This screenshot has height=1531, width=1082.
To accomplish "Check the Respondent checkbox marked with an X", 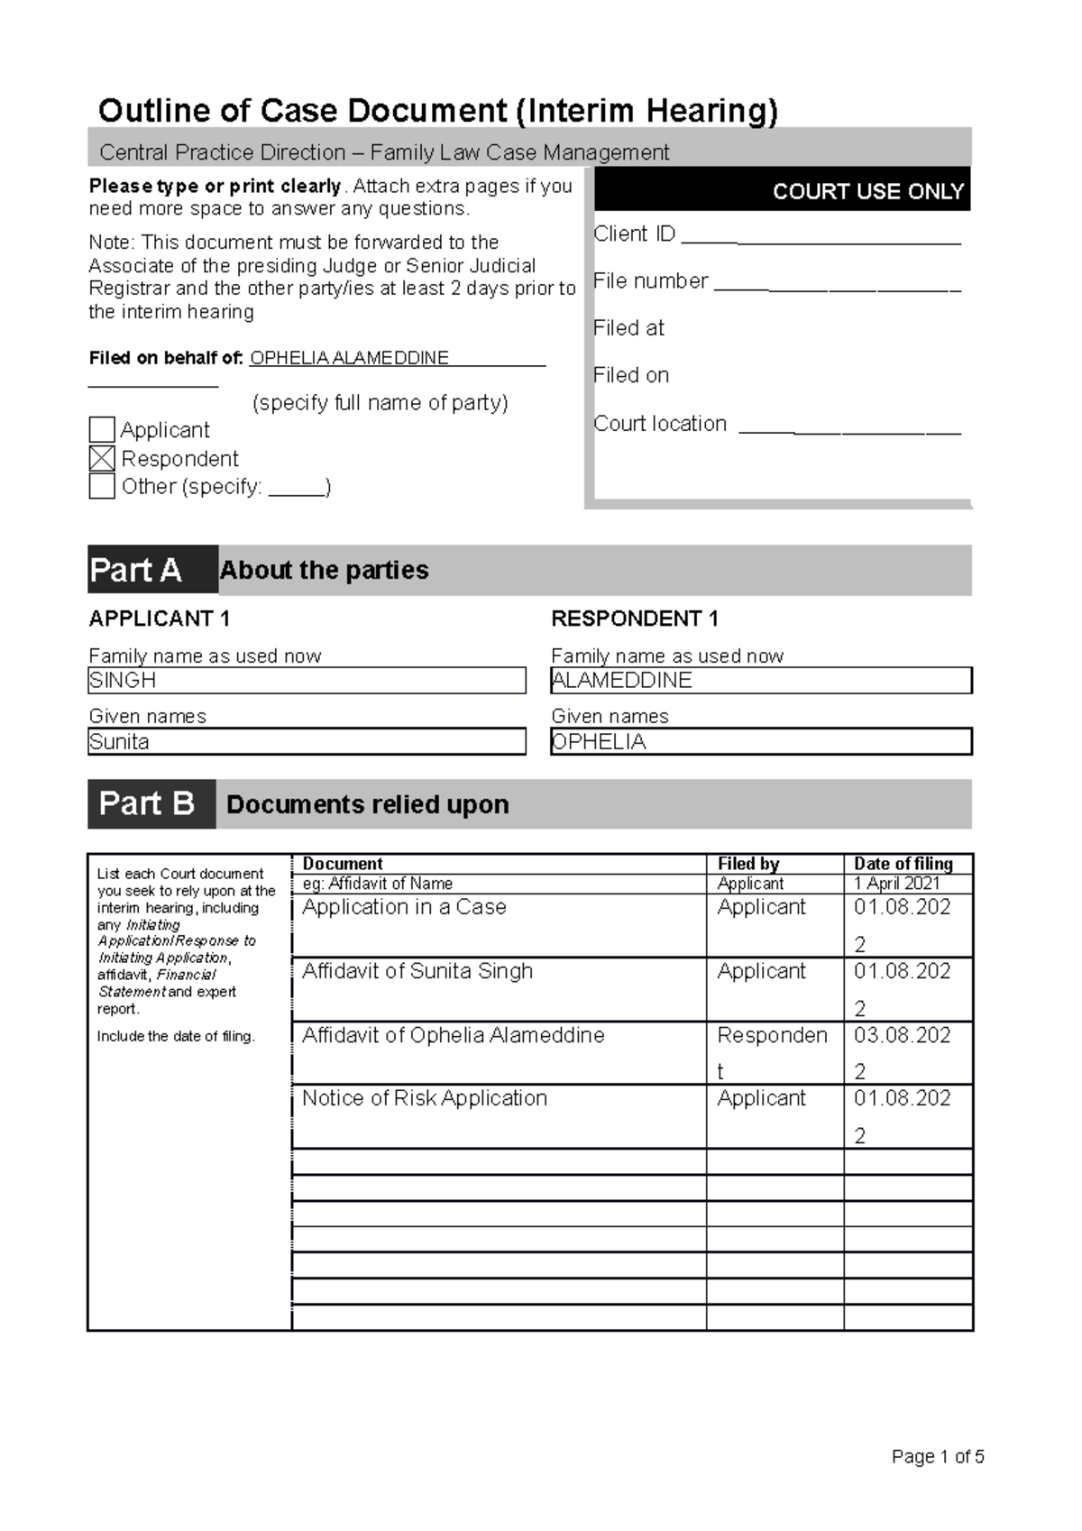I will (x=102, y=458).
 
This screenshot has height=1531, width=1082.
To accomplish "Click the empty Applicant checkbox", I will (x=102, y=429).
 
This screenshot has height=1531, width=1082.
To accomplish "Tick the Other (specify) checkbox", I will (x=102, y=486).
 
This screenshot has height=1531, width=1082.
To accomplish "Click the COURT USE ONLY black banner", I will (x=782, y=190).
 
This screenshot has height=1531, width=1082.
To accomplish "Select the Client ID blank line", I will (x=821, y=240).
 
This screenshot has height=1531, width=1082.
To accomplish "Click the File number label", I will (x=650, y=281).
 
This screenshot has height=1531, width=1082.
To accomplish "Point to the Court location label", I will (x=659, y=424).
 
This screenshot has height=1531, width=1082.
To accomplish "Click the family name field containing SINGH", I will (x=307, y=681).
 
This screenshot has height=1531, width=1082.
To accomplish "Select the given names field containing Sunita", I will (x=307, y=742).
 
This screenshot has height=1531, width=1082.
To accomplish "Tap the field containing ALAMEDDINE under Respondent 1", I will (x=761, y=681).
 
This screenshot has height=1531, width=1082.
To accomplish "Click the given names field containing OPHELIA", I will (x=761, y=742).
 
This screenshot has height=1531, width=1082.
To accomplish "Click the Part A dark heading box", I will (x=152, y=570).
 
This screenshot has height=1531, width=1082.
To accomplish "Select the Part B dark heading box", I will (x=151, y=803).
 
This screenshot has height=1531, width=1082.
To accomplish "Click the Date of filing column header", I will (x=903, y=864).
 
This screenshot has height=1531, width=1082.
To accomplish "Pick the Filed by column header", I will (x=747, y=864).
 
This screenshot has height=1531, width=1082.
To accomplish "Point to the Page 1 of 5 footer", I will (x=937, y=1456).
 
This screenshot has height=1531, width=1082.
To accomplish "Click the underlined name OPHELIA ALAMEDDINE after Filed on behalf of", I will (x=349, y=358).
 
